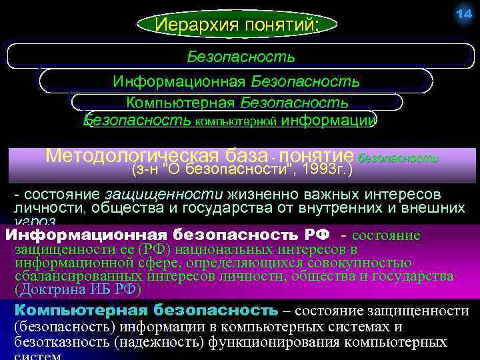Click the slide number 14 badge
(463, 15)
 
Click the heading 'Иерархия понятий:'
(237, 25)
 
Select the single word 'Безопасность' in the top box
(241, 56)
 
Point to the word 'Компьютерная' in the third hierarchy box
(181, 103)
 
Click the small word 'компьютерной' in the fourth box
(235, 122)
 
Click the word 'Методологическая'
(133, 156)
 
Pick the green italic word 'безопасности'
(398, 159)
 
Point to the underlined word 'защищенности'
(165, 194)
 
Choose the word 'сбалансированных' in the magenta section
(67, 276)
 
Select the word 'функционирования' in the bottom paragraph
(263, 343)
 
